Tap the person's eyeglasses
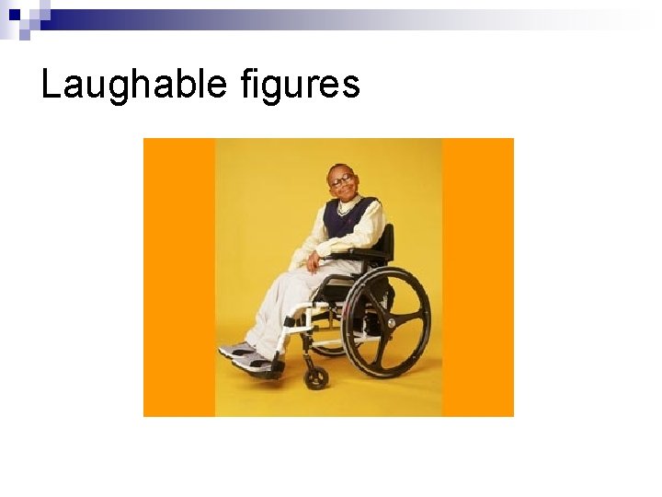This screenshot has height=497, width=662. coord(341,181)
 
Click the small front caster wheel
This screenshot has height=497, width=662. coord(316,377)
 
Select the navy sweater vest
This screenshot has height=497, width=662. coord(350,221)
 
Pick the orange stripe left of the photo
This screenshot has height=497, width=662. coord(179,276)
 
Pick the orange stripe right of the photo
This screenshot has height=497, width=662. coord(478,276)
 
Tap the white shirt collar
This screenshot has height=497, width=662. coord(347,206)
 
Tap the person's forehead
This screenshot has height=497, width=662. coord(338,171)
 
